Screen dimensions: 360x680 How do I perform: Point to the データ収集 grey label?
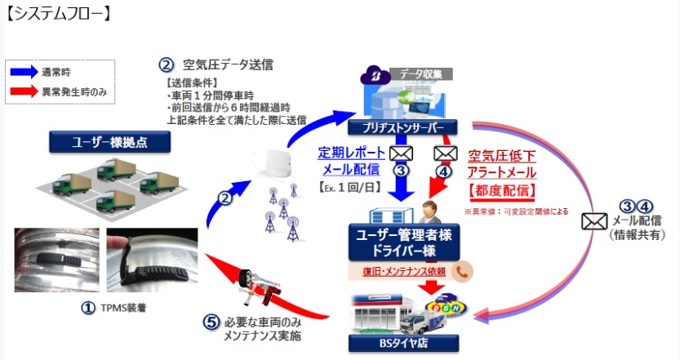click(x=424, y=73)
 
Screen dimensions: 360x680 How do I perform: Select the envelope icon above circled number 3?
click(x=400, y=153)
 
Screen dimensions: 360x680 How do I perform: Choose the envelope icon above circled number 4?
click(x=444, y=153)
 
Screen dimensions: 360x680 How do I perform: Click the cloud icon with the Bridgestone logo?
click(x=377, y=76)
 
